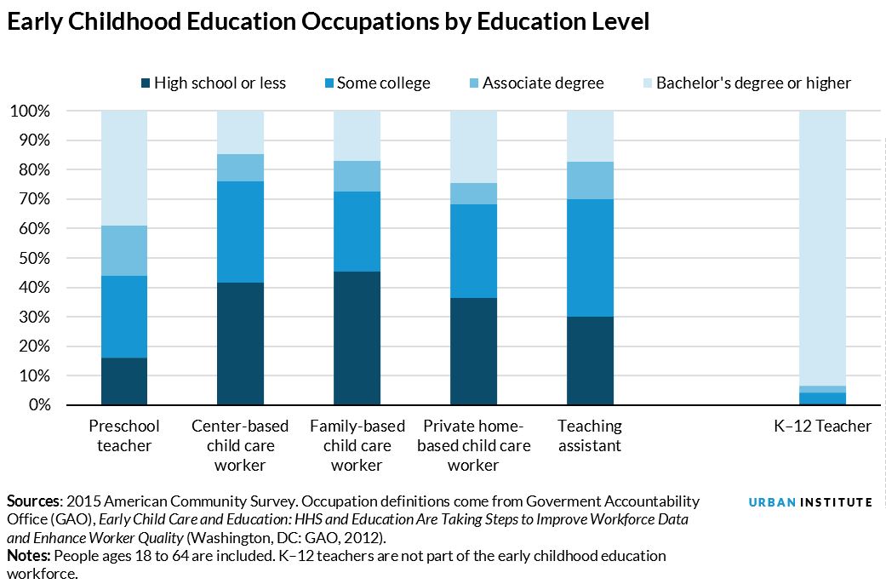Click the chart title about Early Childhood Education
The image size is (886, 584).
(x=328, y=23)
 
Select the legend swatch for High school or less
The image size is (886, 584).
(x=146, y=83)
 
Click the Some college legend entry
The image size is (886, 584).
(x=383, y=83)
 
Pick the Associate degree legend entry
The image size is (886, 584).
(x=542, y=83)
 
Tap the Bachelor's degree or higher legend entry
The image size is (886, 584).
(x=752, y=83)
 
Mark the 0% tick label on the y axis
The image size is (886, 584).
(x=35, y=405)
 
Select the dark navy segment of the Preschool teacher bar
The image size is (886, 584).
(x=124, y=381)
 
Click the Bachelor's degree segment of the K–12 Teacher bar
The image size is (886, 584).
(x=822, y=247)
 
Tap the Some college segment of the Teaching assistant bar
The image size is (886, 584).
(x=590, y=258)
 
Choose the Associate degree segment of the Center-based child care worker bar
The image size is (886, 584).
(x=240, y=168)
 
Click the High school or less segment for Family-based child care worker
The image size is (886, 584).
(x=357, y=338)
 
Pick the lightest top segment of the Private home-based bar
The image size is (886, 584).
(x=473, y=146)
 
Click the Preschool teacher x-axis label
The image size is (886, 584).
(x=124, y=435)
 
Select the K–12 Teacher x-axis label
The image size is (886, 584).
(x=822, y=426)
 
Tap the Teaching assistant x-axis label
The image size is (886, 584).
(x=590, y=435)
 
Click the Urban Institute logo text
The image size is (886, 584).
(x=809, y=502)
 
